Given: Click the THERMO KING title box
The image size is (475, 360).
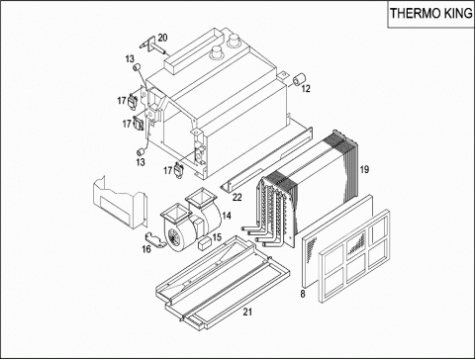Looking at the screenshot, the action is pos(430,14).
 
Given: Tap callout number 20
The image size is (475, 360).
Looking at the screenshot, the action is pos(162,38).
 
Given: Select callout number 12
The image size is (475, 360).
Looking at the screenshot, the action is pos(306,89).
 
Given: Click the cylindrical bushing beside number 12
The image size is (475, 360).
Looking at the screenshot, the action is pos(300,79).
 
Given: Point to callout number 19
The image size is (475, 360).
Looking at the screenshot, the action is pos(364,170).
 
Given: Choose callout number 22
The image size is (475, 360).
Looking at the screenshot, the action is pos(237,198).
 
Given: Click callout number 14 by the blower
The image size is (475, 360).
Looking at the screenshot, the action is pos(227,216).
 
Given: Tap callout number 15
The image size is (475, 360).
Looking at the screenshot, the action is pos(217,237).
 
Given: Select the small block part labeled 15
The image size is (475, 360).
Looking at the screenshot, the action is pos(204,243).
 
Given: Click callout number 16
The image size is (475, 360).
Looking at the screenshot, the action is pos(146,249).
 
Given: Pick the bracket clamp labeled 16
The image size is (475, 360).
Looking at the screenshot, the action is pos(155,240).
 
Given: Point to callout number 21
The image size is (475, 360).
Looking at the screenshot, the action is pos(247,312).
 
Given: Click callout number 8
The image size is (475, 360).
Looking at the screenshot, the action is pos(303,294).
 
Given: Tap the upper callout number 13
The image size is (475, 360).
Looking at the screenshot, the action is pos(130,59).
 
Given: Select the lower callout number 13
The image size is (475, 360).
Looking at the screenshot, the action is pos(141,162).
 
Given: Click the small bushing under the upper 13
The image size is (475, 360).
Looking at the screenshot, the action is pos(137,67).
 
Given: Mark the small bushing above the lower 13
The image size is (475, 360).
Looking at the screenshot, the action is pos(141,152).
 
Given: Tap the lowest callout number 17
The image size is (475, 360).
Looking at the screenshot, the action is pos(168,170).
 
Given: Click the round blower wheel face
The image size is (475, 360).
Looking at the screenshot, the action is pos(172,236).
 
